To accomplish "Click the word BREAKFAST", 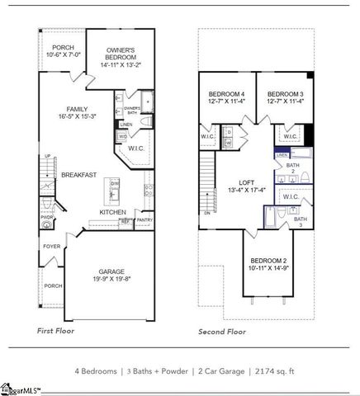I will tap(79, 175).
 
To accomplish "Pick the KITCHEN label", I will tap(112, 212).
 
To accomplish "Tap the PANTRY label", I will tap(144, 220).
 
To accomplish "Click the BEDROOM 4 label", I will tap(225, 94).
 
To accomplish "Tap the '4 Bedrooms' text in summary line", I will tap(98, 372).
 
